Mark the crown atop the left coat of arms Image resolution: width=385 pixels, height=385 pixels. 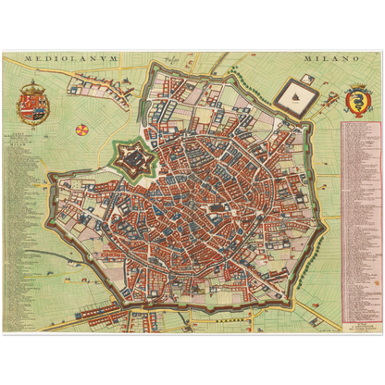32,85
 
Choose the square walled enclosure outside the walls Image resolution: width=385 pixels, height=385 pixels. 295,94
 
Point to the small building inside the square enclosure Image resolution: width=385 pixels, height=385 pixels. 295,93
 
